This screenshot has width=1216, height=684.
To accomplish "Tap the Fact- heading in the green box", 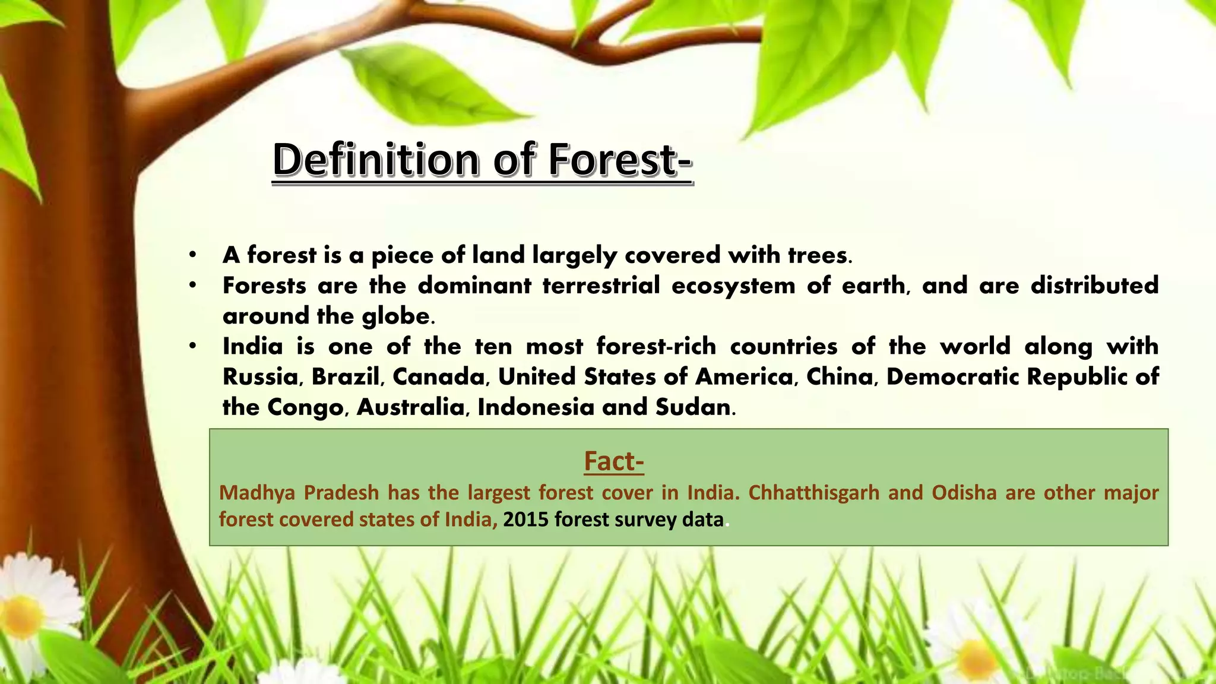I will click(614, 461).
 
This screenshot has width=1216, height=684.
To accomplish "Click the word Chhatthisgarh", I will click(813, 493).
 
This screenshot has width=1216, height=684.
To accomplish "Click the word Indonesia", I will click(536, 407).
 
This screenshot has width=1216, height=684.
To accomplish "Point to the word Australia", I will click(410, 407).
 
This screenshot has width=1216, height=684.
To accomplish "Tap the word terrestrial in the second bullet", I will click(601, 286).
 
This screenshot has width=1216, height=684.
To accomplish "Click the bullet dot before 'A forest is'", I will click(192, 255).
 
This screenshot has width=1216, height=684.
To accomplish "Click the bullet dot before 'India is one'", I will click(192, 346).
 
